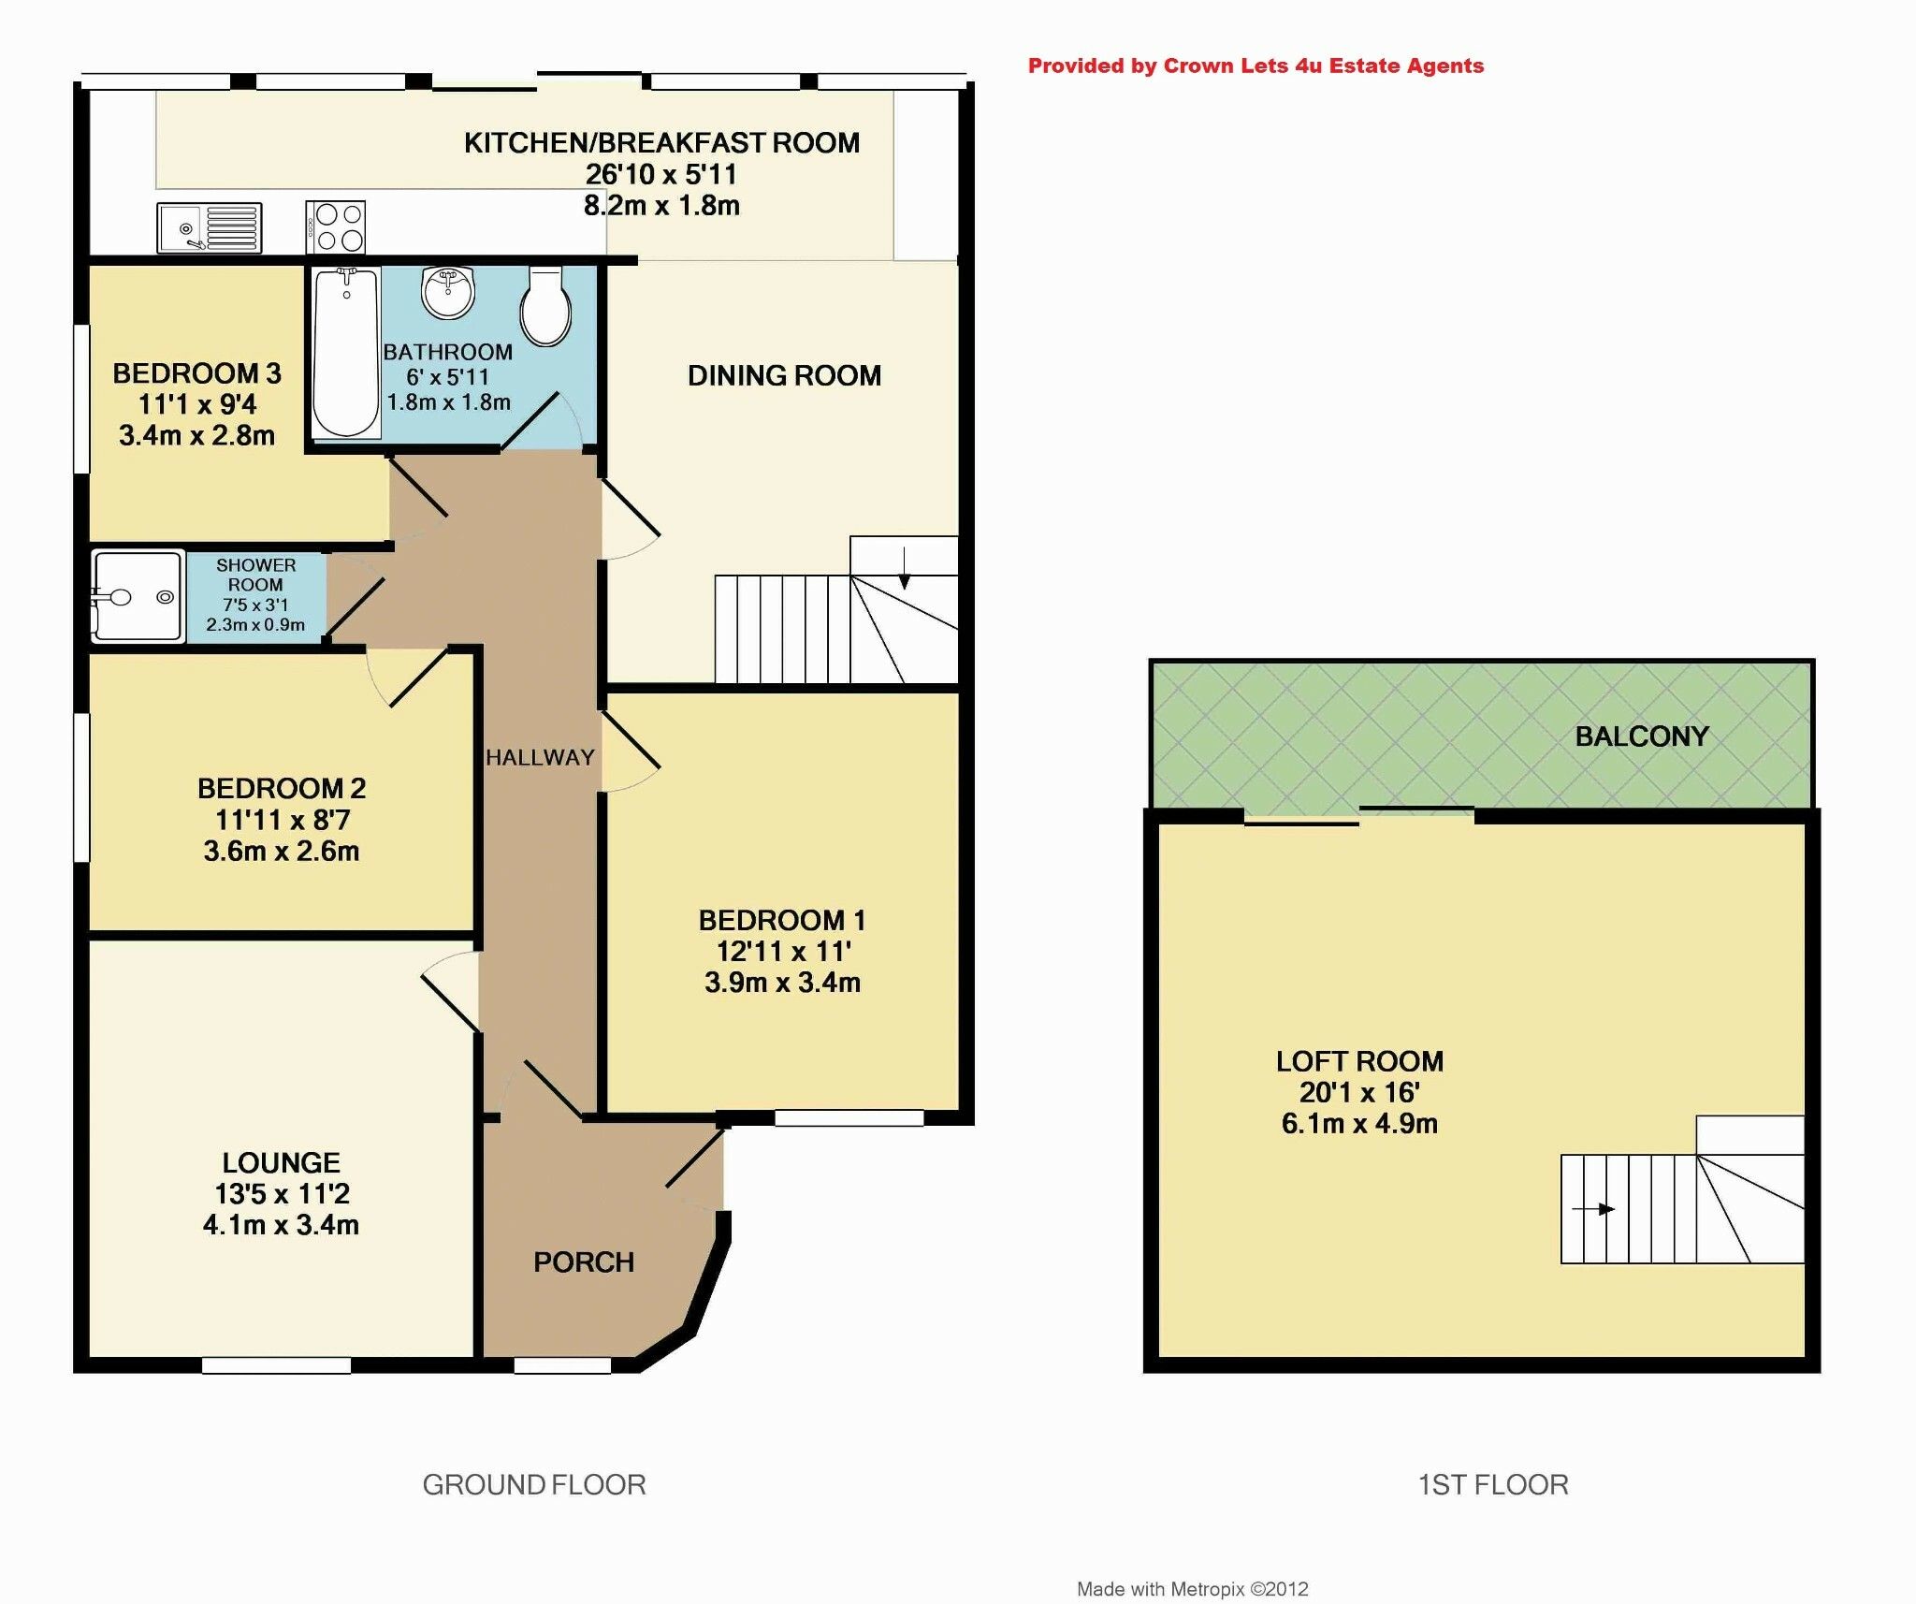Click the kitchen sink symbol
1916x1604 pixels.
coord(210,227)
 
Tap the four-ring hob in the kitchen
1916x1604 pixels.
coord(336,227)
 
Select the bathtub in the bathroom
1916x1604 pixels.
coord(345,352)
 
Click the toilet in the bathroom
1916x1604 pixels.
coord(546,306)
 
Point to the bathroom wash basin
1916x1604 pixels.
coord(448,291)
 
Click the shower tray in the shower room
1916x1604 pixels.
coord(137,596)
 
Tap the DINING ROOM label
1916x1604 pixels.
coord(784,376)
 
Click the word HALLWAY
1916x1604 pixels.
coord(540,757)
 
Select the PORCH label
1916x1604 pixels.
coord(584,1262)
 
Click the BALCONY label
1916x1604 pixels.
coord(1642,736)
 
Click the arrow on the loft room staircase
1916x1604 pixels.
coord(1594,1209)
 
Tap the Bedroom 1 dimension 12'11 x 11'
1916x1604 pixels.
coord(783,952)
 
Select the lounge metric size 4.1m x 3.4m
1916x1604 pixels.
coord(281,1225)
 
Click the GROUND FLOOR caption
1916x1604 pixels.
coord(534,1485)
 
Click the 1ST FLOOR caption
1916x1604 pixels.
coord(1493,1485)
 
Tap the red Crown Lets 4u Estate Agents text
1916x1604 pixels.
coord(1256,66)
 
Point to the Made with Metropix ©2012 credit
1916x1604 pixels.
coord(1192,1589)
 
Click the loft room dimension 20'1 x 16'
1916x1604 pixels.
coord(1359,1092)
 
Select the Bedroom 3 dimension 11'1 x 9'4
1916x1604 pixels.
coord(197,404)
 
